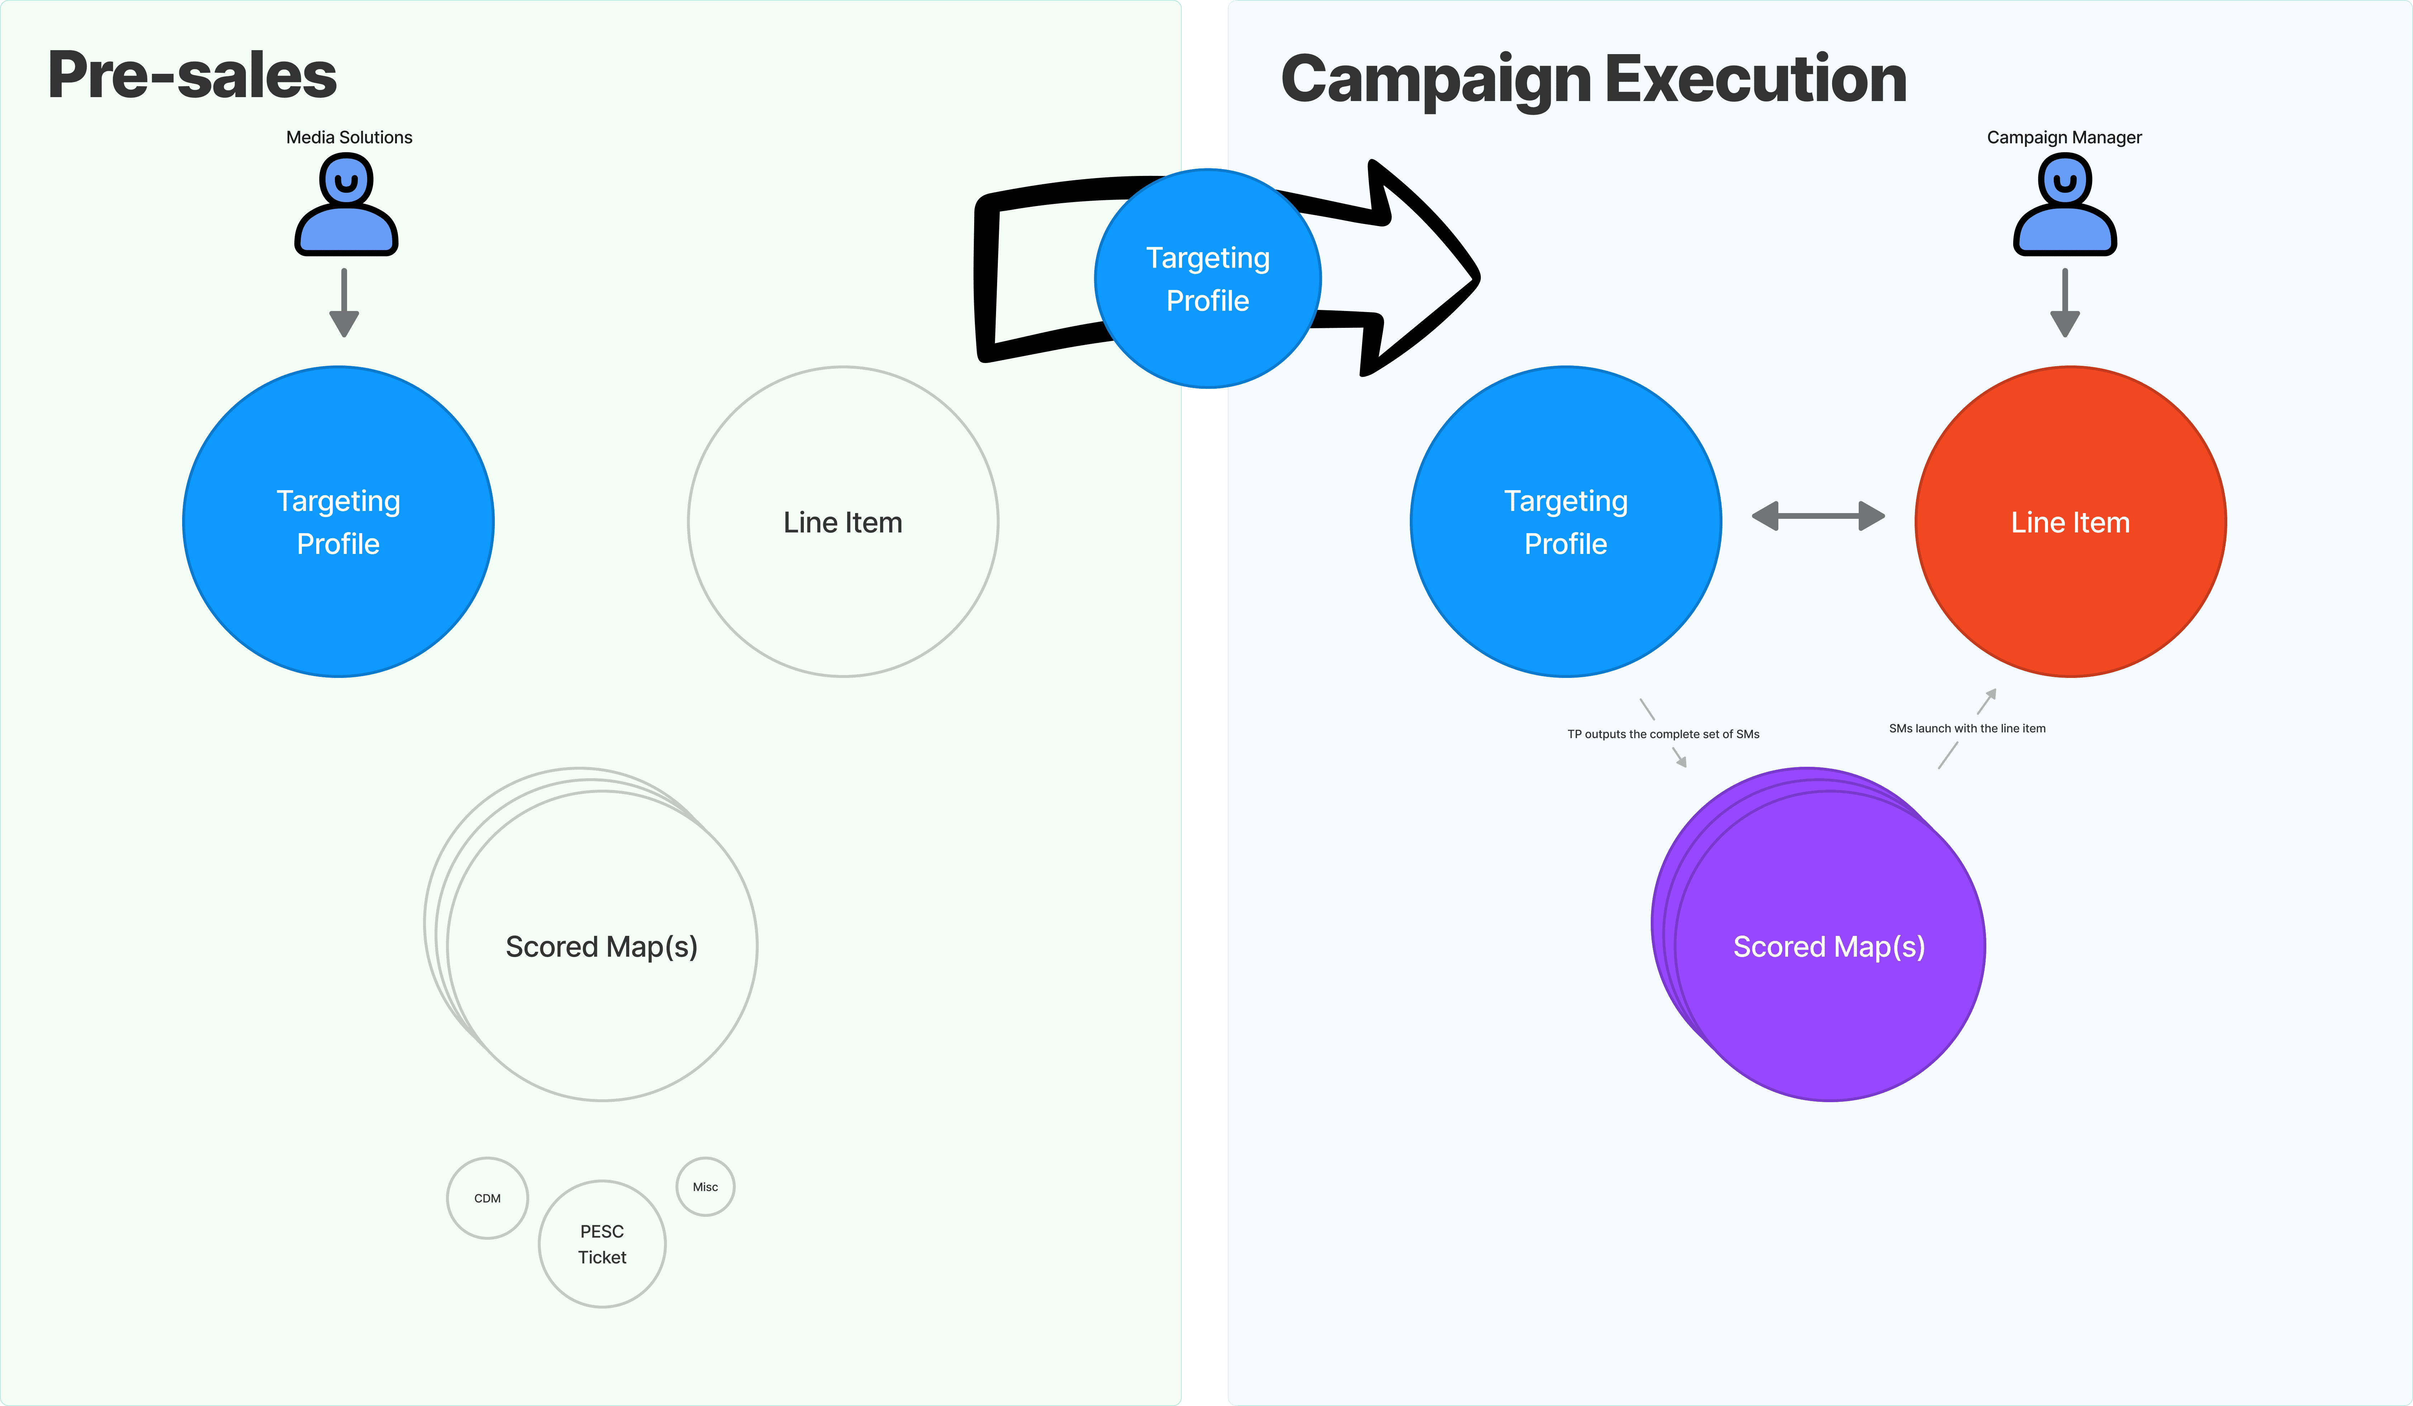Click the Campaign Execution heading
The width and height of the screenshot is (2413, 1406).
pos(1593,80)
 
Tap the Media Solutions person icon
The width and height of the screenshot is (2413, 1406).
pos(346,205)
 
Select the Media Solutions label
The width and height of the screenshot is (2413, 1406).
pos(350,137)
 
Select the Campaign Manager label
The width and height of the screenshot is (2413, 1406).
pos(2064,137)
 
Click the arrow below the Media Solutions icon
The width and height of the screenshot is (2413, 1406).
pos(344,302)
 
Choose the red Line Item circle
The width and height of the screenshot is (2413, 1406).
pos(2070,522)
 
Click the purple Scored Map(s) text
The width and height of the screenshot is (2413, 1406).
pos(1829,947)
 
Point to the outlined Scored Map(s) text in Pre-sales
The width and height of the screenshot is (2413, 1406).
pos(601,947)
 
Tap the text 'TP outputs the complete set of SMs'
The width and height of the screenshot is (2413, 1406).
pos(1663,734)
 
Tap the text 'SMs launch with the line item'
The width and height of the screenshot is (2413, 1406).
pos(1967,728)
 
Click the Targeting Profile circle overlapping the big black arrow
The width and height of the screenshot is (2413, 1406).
pos(1208,278)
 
